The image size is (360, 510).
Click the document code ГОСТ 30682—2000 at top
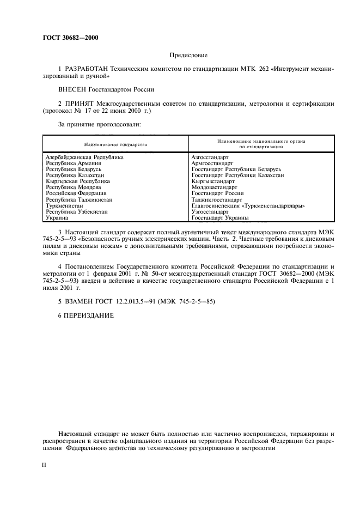[71, 38]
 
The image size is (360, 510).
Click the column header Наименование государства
[115, 144]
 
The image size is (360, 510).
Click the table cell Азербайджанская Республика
[84, 157]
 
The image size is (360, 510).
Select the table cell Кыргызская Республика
[77, 181]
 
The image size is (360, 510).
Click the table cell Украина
[57, 217]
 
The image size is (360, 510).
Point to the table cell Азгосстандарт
[210, 157]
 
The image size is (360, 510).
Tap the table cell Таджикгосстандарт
[216, 199]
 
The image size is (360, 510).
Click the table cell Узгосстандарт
[210, 211]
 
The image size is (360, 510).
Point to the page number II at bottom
[45, 465]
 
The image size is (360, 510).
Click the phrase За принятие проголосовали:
[100, 125]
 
